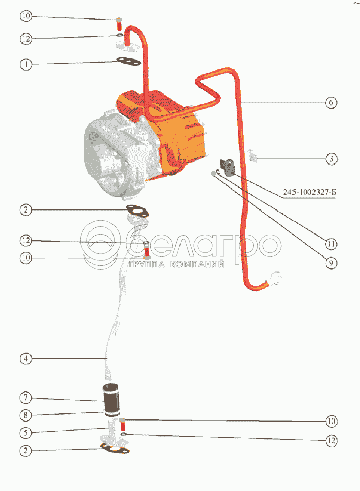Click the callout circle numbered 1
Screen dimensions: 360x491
(26, 65)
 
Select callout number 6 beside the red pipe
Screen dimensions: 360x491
(331, 102)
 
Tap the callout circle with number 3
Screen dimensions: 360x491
(331, 159)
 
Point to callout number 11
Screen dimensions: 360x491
(331, 244)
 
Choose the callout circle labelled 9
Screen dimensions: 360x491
(331, 263)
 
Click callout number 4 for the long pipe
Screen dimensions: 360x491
(26, 358)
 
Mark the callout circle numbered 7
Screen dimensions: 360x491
(26, 398)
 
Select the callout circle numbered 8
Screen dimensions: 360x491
(26, 415)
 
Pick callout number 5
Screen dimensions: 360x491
(26, 433)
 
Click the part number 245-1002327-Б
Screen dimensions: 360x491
(309, 192)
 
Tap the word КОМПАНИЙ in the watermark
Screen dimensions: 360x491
(197, 264)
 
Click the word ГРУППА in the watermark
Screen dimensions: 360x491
(147, 264)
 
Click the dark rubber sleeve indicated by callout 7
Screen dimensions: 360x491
(111, 399)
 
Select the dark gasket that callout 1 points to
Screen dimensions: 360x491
(128, 61)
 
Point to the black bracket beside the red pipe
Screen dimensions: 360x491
(228, 167)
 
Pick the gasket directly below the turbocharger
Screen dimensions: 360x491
(137, 211)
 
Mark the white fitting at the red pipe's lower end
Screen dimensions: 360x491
(275, 278)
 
